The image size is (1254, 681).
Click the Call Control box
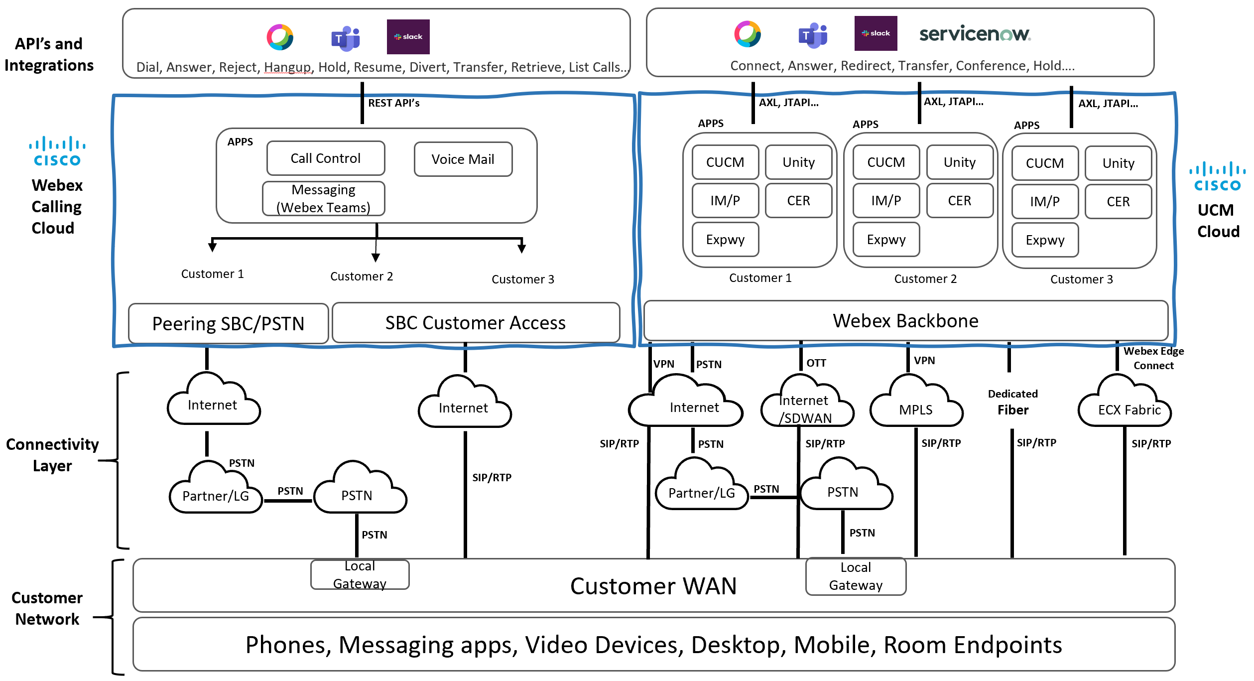[x=326, y=158]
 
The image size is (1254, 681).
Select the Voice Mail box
[x=463, y=159]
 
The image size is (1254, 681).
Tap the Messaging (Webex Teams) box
[x=323, y=198]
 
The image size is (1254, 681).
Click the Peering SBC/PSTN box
[x=228, y=324]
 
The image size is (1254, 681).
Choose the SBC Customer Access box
[x=476, y=323]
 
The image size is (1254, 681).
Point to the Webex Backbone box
[x=905, y=321]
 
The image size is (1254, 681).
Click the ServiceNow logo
[x=975, y=34]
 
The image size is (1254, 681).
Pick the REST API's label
[x=393, y=103]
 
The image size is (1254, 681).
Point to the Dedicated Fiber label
[x=1013, y=403]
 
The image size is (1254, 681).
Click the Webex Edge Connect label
[x=1153, y=358]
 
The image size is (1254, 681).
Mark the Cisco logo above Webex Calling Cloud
[x=57, y=151]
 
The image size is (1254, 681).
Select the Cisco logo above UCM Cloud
[x=1217, y=176]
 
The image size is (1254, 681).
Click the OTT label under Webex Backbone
[x=816, y=363]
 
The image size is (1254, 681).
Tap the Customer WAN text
[x=653, y=586]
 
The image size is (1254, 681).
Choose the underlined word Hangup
[x=287, y=67]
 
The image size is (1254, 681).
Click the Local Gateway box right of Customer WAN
[x=856, y=576]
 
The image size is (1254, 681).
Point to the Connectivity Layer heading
[x=52, y=455]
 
